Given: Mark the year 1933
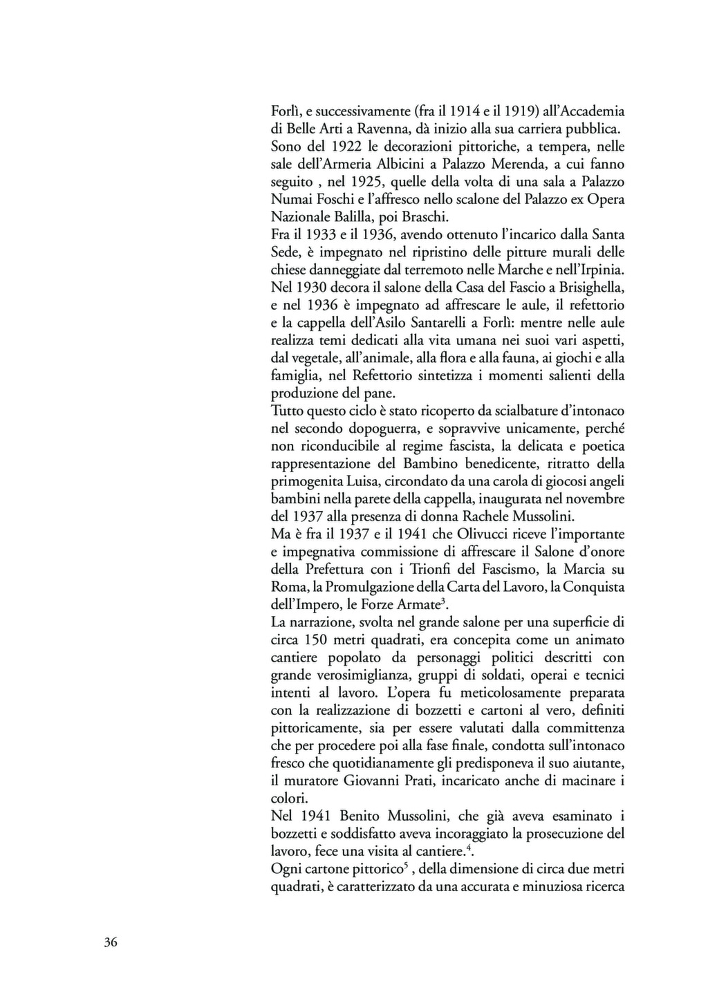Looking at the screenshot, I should (x=318, y=236).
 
